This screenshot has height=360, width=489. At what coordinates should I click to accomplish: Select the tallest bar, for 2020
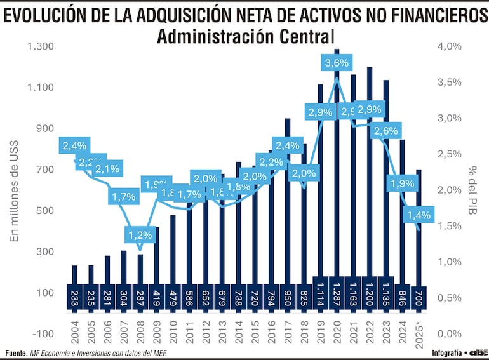[x=337, y=159]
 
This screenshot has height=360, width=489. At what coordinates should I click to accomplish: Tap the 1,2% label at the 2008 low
[x=140, y=235]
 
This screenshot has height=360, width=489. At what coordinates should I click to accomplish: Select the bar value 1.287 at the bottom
[x=337, y=296]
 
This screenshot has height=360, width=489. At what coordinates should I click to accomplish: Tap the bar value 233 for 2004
[x=74, y=297]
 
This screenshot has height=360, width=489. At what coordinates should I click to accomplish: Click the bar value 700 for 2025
[x=419, y=297]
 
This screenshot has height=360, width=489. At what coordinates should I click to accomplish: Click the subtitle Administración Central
[x=245, y=37]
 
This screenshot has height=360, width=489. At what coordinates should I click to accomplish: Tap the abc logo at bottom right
[x=478, y=352]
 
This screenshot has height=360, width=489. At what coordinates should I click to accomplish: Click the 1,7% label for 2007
[x=123, y=197]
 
